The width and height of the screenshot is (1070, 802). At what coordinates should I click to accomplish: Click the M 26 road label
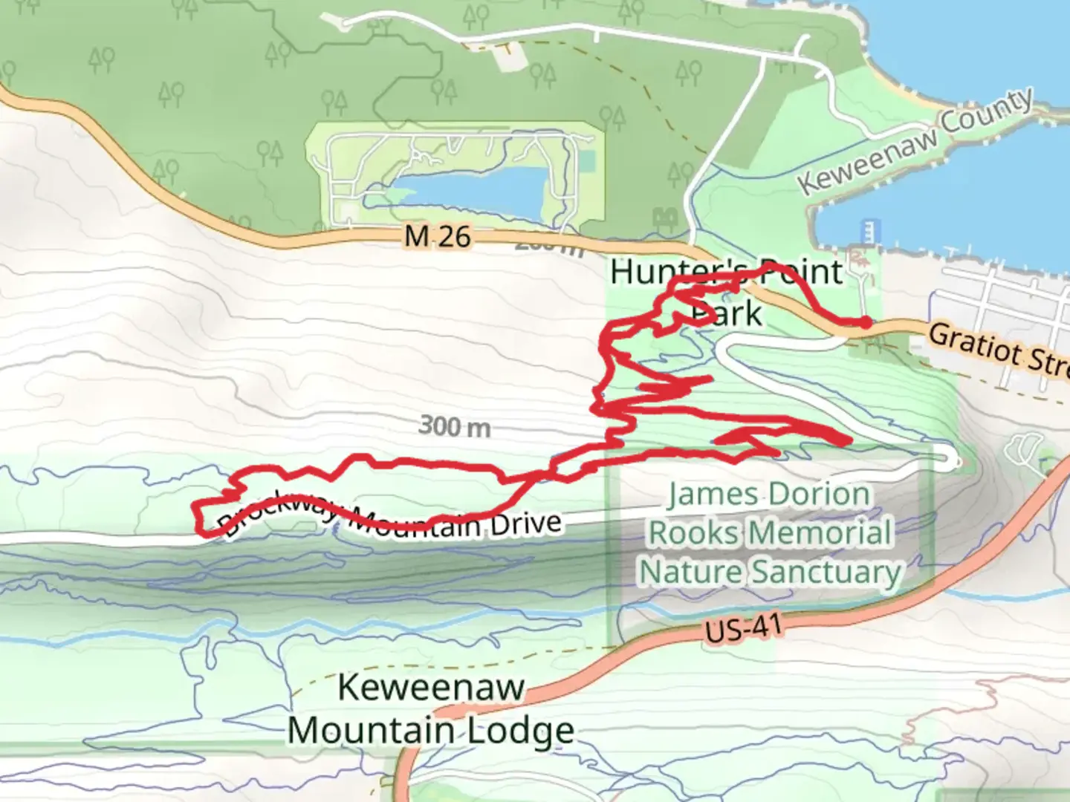(438, 236)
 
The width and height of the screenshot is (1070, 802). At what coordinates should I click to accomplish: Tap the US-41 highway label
(743, 628)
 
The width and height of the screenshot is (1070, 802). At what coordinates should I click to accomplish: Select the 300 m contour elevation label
(455, 426)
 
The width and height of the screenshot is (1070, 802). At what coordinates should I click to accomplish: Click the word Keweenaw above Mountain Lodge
(431, 687)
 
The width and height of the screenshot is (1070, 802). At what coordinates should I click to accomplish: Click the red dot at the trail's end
(866, 322)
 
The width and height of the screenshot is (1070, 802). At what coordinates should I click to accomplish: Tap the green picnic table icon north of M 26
(664, 218)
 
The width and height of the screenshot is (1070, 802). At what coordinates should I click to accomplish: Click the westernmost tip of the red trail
(194, 506)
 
